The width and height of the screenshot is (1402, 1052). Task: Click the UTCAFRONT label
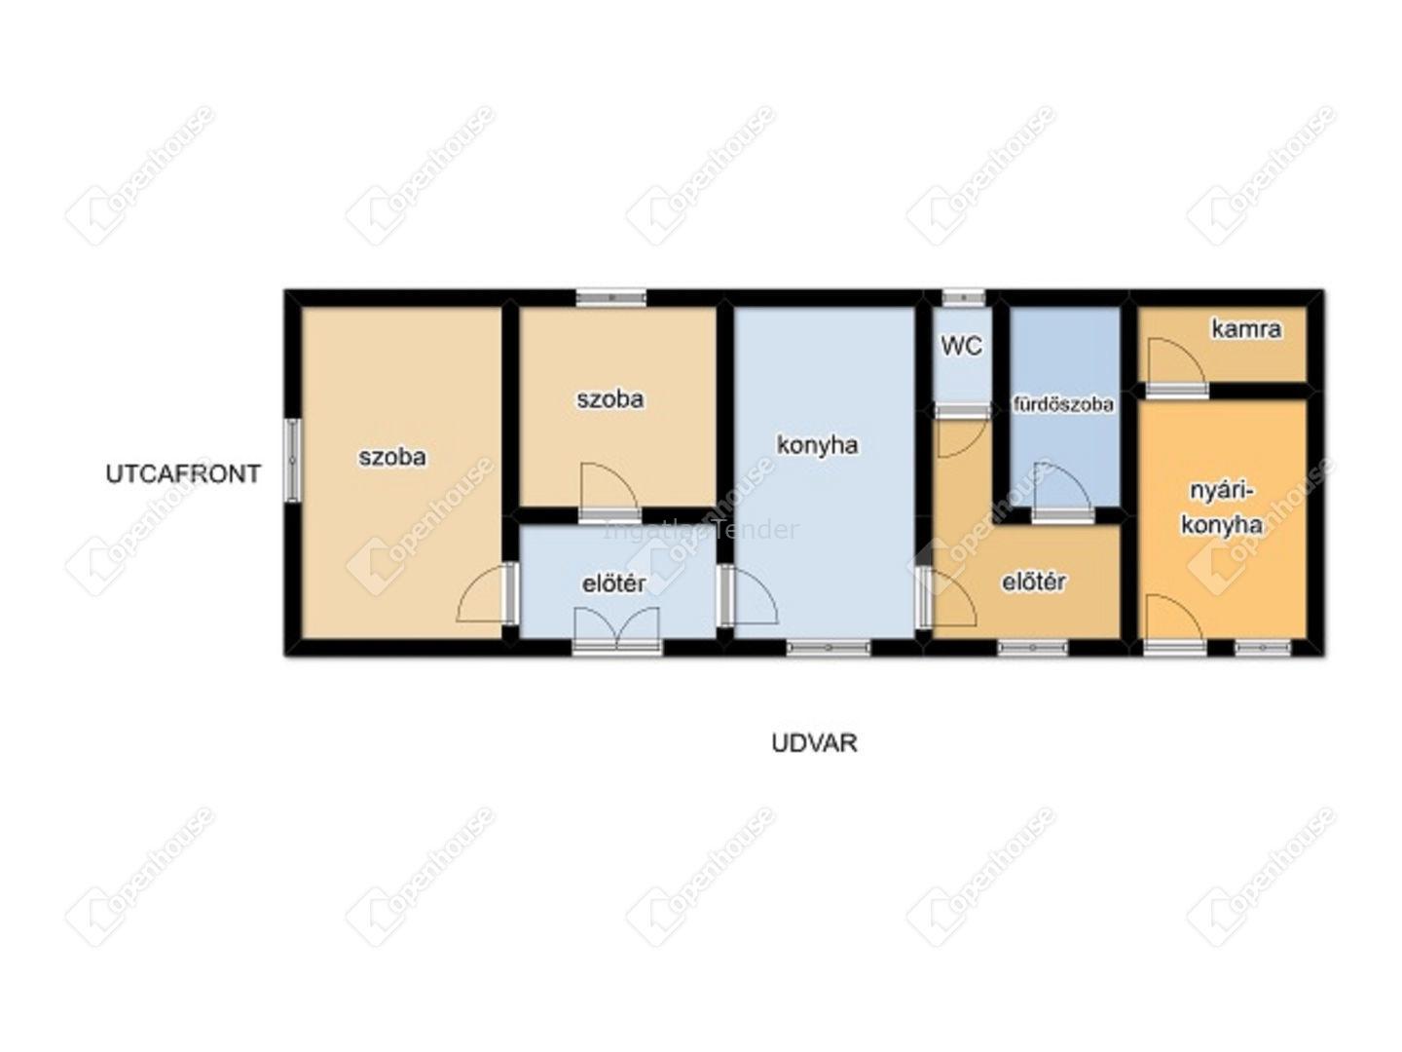point(183,474)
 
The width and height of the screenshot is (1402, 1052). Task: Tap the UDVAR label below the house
point(814,743)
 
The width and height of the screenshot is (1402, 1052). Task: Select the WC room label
point(961,346)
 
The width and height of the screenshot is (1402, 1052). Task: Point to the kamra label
point(1246,329)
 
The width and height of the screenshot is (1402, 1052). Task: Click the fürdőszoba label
point(1063,404)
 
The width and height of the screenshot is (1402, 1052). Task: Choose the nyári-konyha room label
point(1222,508)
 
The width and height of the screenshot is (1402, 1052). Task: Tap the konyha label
point(818,445)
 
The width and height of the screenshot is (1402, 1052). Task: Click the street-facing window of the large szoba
point(292,460)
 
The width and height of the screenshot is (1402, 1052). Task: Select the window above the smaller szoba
point(611,298)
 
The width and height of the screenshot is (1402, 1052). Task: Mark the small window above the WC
point(964,298)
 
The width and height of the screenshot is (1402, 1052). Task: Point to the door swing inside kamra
point(1176,361)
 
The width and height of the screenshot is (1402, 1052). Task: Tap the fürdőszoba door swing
point(1063,487)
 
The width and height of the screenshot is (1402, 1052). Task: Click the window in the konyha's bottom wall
point(828,648)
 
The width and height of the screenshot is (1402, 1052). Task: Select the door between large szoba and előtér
point(487,593)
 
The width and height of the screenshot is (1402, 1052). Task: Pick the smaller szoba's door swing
point(610,487)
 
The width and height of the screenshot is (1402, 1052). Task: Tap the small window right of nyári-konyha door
point(1263,648)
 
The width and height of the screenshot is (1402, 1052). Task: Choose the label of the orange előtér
point(1033,582)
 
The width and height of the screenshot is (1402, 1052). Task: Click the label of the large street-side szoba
point(392,457)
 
